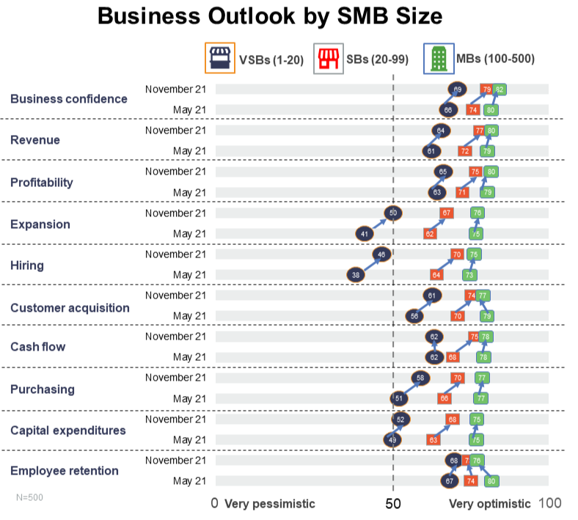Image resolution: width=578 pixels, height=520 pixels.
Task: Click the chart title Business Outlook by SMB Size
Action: [x=270, y=17]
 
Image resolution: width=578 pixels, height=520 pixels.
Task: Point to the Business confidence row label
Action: [x=68, y=99]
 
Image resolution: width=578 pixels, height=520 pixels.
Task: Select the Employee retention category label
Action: [x=64, y=471]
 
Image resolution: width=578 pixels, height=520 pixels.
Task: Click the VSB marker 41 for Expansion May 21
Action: [x=365, y=234]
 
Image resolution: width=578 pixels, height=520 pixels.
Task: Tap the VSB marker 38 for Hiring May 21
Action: [x=356, y=275]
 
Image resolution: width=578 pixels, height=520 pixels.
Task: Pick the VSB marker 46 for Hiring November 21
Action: [x=381, y=254]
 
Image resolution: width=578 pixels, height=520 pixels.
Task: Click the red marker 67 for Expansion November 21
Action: [x=445, y=213]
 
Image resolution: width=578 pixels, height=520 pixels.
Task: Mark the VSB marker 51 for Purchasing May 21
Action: [x=399, y=398]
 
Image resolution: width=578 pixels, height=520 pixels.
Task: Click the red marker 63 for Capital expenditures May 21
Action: [x=433, y=440]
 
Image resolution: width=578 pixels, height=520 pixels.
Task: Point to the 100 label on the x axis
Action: [x=550, y=503]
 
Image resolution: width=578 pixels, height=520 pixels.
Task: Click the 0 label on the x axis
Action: [x=214, y=503]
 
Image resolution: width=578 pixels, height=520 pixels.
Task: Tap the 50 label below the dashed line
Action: [x=394, y=503]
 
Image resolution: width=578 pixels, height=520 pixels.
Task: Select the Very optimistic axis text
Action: [x=489, y=504]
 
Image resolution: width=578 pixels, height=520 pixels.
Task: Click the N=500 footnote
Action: [x=29, y=497]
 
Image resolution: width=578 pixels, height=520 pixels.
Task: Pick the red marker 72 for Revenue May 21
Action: [x=464, y=151]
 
